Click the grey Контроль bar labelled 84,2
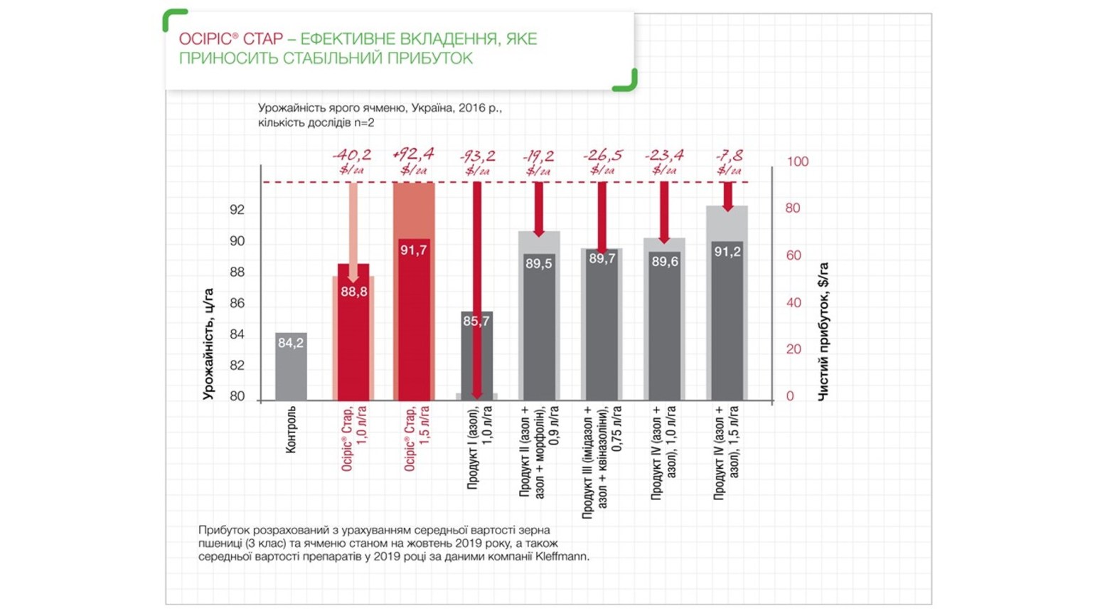[291, 366]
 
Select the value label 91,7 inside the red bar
[414, 250]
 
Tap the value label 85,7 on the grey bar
[476, 322]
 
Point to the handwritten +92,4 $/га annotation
[414, 161]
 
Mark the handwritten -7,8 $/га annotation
[729, 163]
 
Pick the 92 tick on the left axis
[237, 210]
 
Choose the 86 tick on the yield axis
[237, 304]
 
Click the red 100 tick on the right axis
[797, 161]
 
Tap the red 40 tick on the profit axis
[794, 303]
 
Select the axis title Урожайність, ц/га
[208, 344]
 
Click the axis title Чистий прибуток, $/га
[823, 332]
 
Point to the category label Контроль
[291, 430]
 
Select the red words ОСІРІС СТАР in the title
[230, 38]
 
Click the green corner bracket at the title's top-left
[172, 18]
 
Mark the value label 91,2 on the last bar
[727, 252]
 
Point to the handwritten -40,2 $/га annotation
[352, 161]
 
